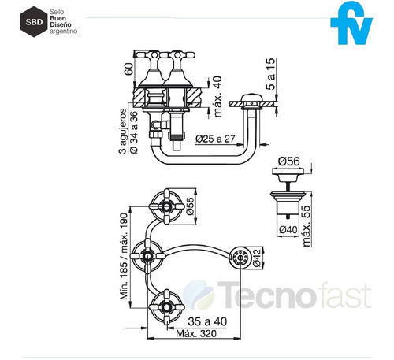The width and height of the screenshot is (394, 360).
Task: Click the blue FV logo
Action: point(351,23)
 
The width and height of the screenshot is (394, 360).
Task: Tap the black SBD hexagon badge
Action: point(34,22)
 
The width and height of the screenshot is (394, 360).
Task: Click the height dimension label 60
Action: point(128,69)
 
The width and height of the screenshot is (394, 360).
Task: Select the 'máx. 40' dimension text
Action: point(217,97)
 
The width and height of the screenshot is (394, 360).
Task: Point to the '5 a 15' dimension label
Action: point(270,74)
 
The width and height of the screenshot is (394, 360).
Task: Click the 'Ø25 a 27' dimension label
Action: point(215,139)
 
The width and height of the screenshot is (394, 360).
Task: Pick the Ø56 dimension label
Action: point(289,161)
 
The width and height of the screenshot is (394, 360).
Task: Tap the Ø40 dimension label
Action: point(288,230)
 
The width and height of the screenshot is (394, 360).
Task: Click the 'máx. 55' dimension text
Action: point(307,226)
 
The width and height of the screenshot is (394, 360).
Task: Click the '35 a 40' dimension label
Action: point(207,321)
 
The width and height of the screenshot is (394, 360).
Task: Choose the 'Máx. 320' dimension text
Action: point(196,333)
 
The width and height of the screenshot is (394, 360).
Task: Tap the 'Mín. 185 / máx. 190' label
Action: point(124,256)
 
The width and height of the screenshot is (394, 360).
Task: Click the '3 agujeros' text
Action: point(123,131)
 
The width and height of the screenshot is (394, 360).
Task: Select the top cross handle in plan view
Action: point(166,206)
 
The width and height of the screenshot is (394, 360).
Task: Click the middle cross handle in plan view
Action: point(147,255)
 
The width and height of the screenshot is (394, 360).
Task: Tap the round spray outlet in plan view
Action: point(240,258)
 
